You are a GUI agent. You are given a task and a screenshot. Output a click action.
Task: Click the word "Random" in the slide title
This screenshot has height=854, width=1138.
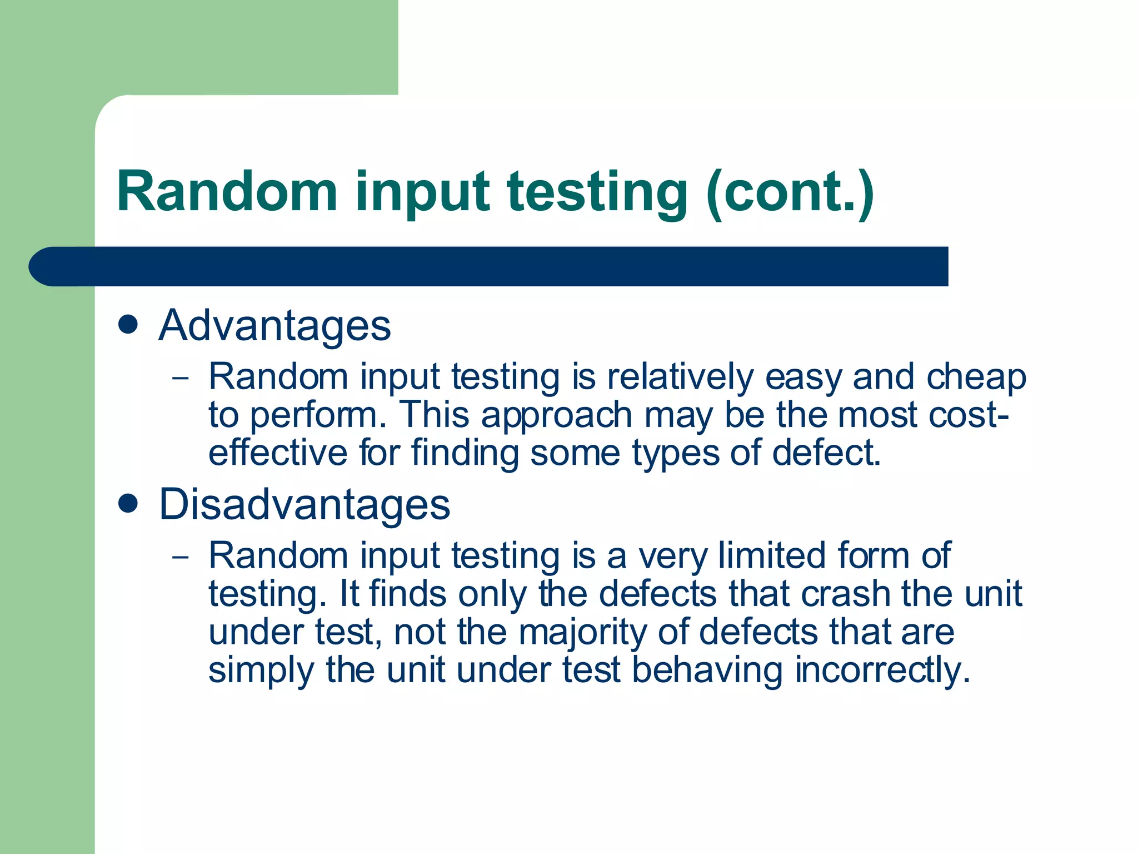(227, 192)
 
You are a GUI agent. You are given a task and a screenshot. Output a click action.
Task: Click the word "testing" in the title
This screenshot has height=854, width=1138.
(597, 192)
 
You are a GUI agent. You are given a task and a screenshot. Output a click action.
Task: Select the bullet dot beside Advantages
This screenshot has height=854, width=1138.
(128, 325)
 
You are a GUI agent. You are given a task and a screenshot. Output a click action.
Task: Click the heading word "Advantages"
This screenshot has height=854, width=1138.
(274, 326)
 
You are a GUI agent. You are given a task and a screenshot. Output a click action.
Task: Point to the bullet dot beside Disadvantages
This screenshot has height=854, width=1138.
(128, 504)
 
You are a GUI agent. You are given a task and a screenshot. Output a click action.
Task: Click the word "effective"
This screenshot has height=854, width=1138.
(277, 453)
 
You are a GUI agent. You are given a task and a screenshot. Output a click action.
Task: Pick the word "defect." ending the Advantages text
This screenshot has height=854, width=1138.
(826, 453)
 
